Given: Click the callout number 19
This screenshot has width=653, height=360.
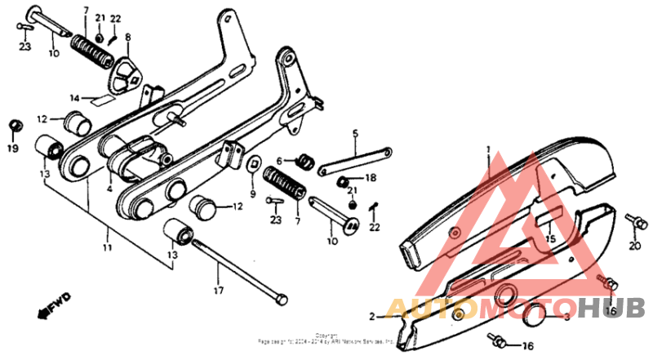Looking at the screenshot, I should (x=12, y=149).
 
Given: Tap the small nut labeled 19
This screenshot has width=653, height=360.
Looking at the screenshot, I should (x=14, y=125).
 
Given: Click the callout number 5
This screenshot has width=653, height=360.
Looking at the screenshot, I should (x=355, y=132).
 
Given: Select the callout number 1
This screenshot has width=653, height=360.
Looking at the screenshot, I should (x=490, y=149).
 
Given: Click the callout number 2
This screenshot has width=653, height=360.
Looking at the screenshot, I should (x=371, y=316).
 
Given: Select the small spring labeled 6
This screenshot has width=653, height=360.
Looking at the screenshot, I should (x=304, y=161).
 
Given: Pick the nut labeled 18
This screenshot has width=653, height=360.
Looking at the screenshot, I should (x=345, y=180).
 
